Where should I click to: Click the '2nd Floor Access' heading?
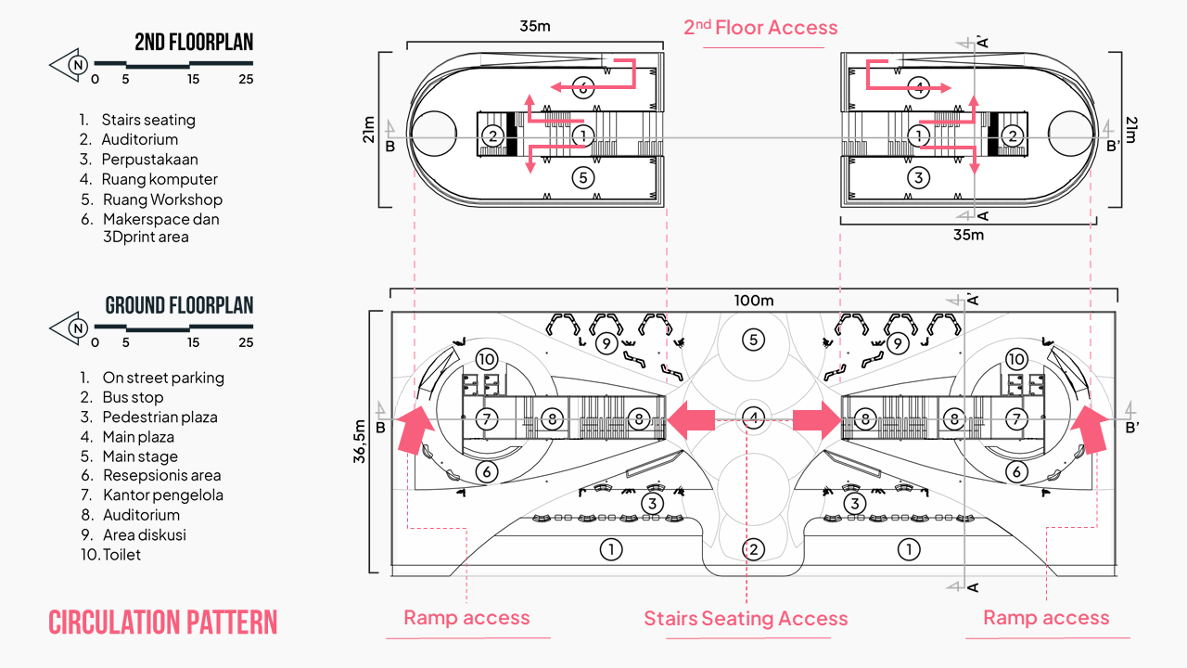[760, 28]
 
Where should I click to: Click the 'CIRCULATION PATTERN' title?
[162, 623]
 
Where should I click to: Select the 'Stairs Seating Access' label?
[746, 619]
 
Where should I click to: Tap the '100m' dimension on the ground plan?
[753, 301]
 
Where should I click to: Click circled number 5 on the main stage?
[753, 340]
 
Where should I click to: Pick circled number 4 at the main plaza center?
[755, 418]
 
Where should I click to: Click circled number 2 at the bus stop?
[755, 549]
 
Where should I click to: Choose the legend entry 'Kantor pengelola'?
[162, 495]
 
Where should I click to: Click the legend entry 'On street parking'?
[162, 378]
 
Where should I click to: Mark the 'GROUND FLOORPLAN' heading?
[179, 306]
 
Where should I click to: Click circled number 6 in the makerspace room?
[581, 88]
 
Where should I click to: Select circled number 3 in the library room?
[918, 177]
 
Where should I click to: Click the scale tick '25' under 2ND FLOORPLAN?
[246, 80]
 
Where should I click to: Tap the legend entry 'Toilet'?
[121, 555]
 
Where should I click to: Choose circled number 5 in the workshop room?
[581, 177]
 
